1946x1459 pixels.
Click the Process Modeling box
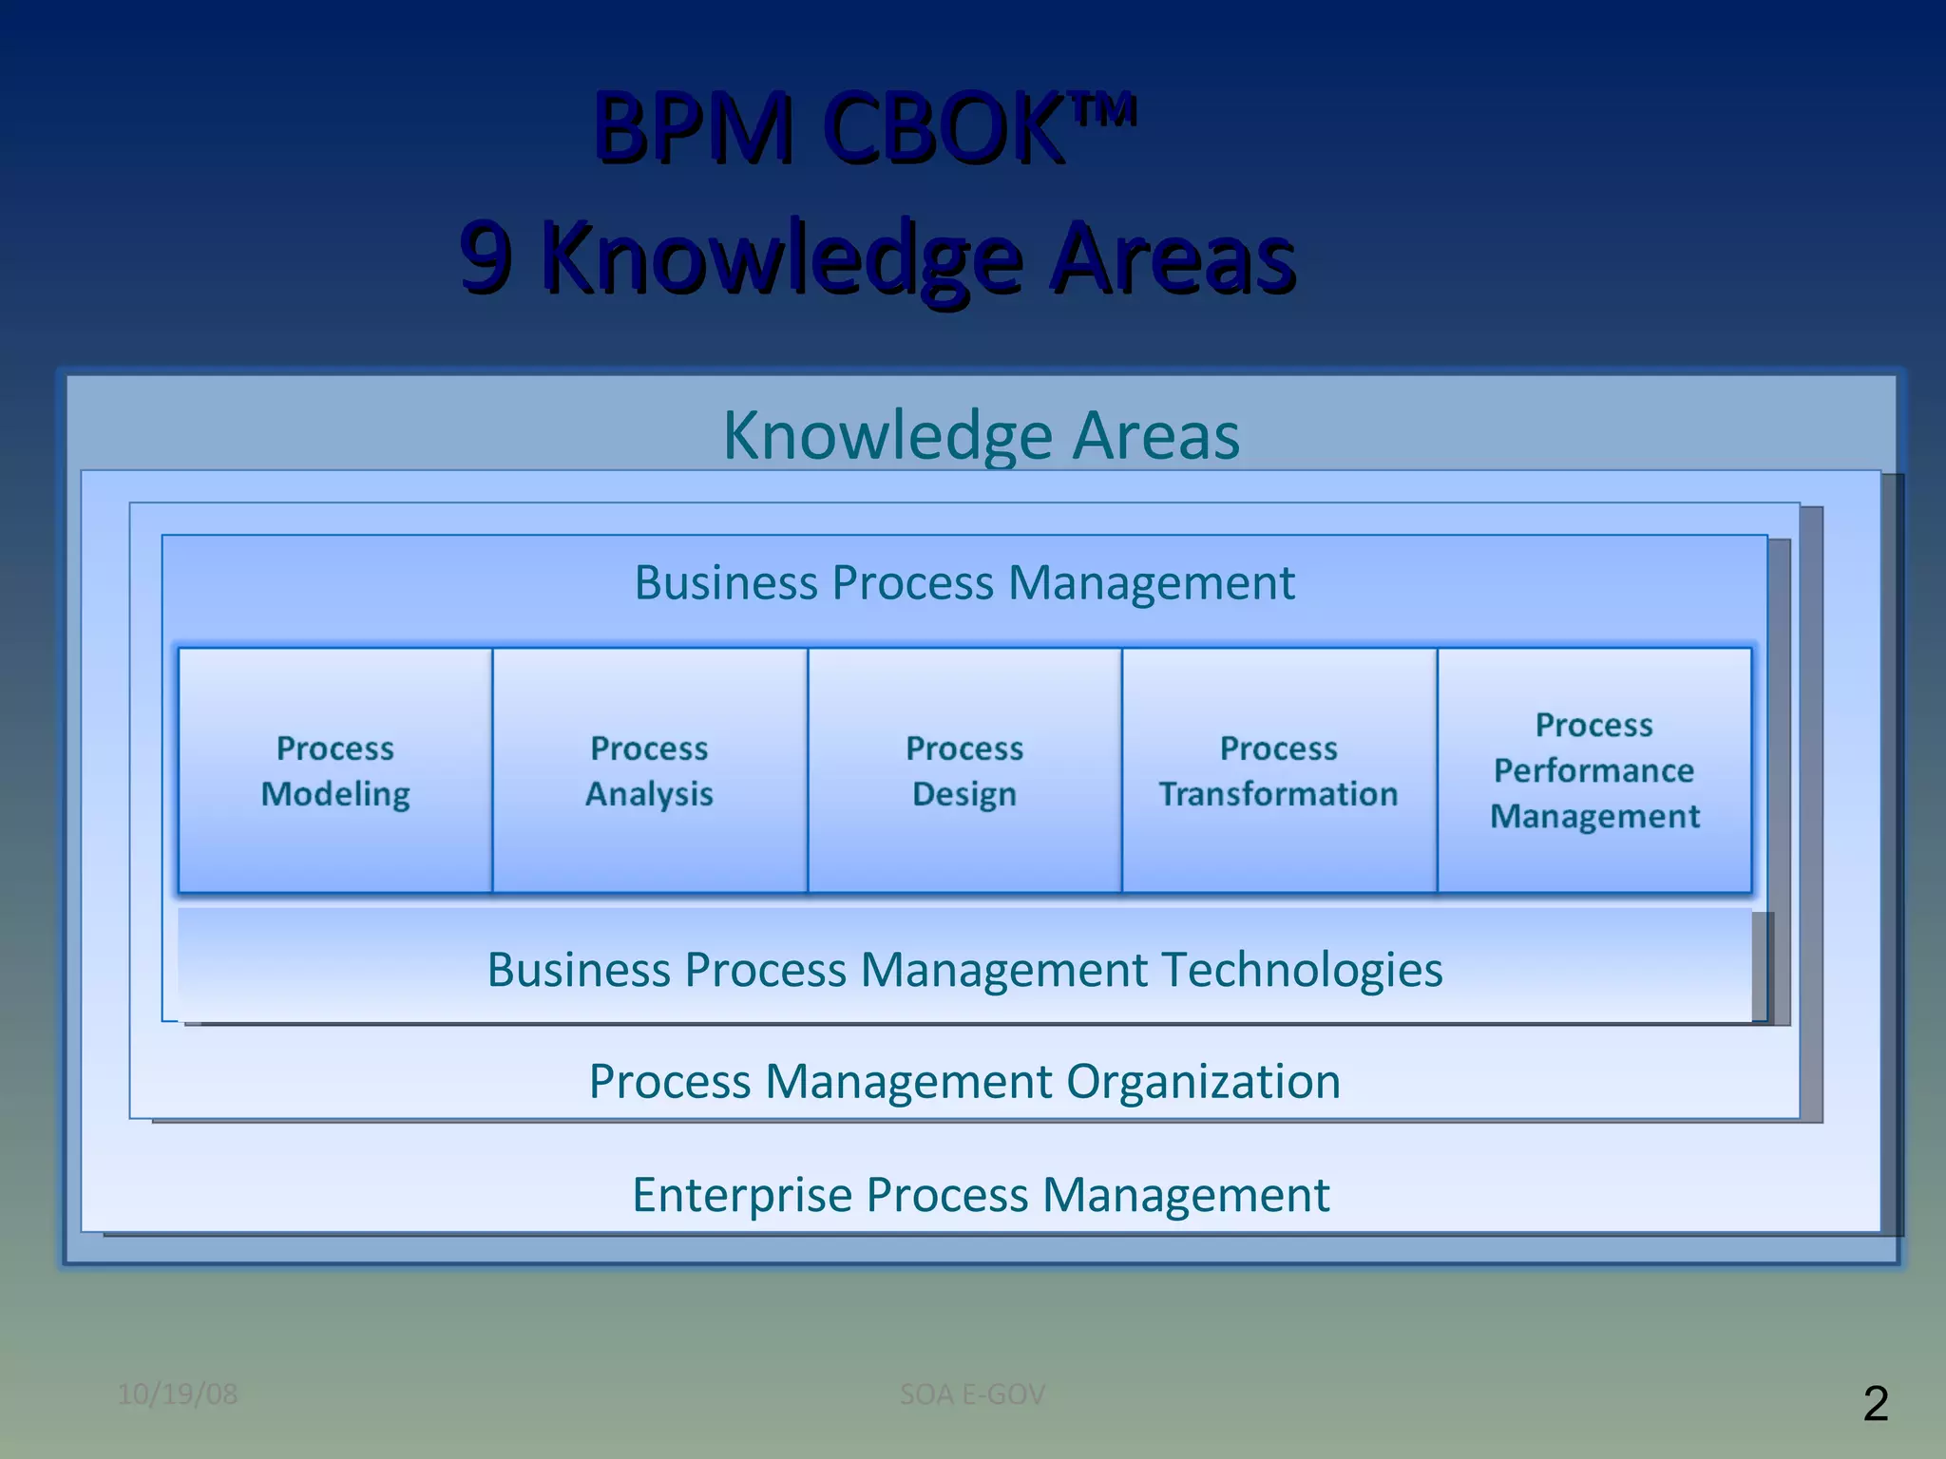pyautogui.click(x=335, y=770)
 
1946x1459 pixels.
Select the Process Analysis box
pyautogui.click(x=650, y=770)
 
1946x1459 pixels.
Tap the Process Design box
pyautogui.click(x=964, y=770)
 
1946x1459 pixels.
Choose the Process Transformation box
pyautogui.click(x=1279, y=770)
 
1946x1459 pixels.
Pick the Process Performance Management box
pyautogui.click(x=1594, y=770)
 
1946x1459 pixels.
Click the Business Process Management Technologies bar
pyautogui.click(x=964, y=970)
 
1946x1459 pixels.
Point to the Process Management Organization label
pyautogui.click(x=964, y=1082)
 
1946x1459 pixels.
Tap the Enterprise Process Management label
pyautogui.click(x=981, y=1195)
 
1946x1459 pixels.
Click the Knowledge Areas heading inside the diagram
pyautogui.click(x=981, y=435)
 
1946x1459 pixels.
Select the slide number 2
pyautogui.click(x=1876, y=1404)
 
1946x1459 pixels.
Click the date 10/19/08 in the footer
pyautogui.click(x=178, y=1394)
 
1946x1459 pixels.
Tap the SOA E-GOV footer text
pyautogui.click(x=972, y=1394)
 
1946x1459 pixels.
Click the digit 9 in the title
pyautogui.click(x=486, y=256)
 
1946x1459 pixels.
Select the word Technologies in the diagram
pyautogui.click(x=1302, y=970)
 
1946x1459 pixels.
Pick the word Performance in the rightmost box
pyautogui.click(x=1594, y=770)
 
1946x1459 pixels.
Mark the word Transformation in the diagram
pyautogui.click(x=1279, y=794)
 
